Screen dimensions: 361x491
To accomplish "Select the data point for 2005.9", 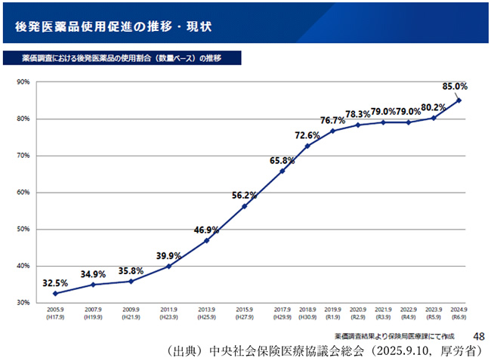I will (55, 293).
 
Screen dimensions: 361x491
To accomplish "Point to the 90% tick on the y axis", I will (22, 82).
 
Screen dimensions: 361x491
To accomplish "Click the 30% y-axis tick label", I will (22, 303).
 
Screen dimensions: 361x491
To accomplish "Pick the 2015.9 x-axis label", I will (244, 313).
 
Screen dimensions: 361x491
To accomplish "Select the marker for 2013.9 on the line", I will (206, 241).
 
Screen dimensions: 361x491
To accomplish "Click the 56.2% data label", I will (244, 195).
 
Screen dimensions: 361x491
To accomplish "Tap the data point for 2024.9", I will (459, 100).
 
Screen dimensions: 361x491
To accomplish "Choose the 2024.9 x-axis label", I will (459, 313).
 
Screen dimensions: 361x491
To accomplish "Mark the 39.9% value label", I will (168, 255).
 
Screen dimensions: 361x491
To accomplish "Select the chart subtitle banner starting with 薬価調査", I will (121, 58).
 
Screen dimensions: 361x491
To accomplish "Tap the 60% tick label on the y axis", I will (22, 193).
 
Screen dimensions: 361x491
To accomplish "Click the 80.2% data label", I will (434, 106).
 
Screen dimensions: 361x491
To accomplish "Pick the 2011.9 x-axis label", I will (168, 313).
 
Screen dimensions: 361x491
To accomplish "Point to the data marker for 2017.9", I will (282, 171).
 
